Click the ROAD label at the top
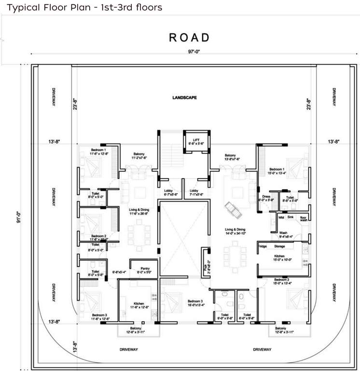189,37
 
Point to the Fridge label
263,247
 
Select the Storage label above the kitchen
280,247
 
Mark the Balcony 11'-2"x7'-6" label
138,156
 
